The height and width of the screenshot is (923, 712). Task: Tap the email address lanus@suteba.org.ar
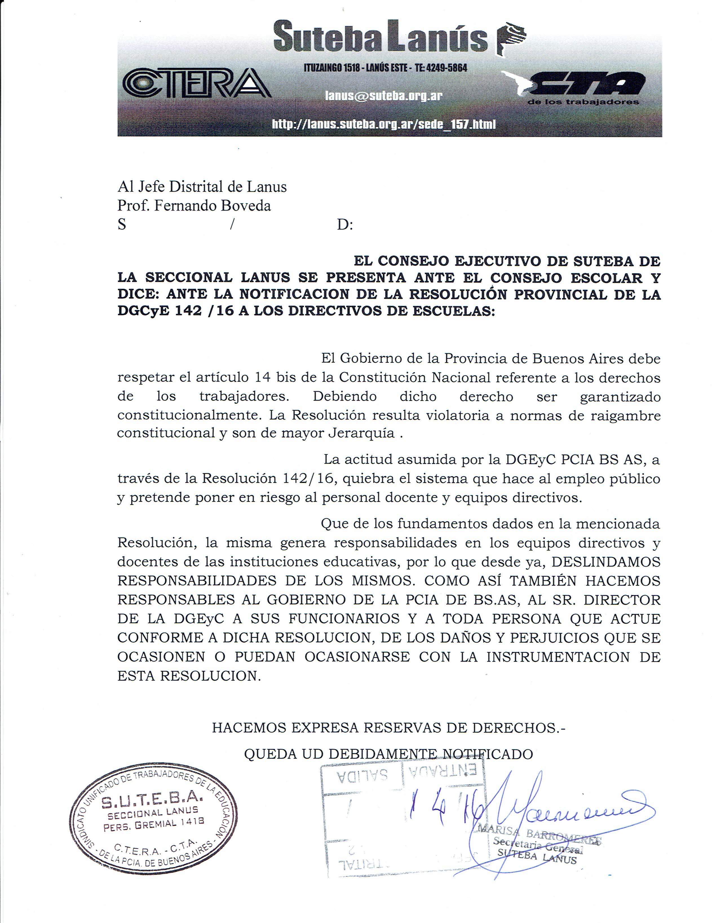pos(383,96)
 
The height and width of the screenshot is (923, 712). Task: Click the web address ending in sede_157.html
pos(383,124)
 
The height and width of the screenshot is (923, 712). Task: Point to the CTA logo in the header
pos(579,87)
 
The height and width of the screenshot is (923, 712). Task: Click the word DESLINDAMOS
pos(606,562)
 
